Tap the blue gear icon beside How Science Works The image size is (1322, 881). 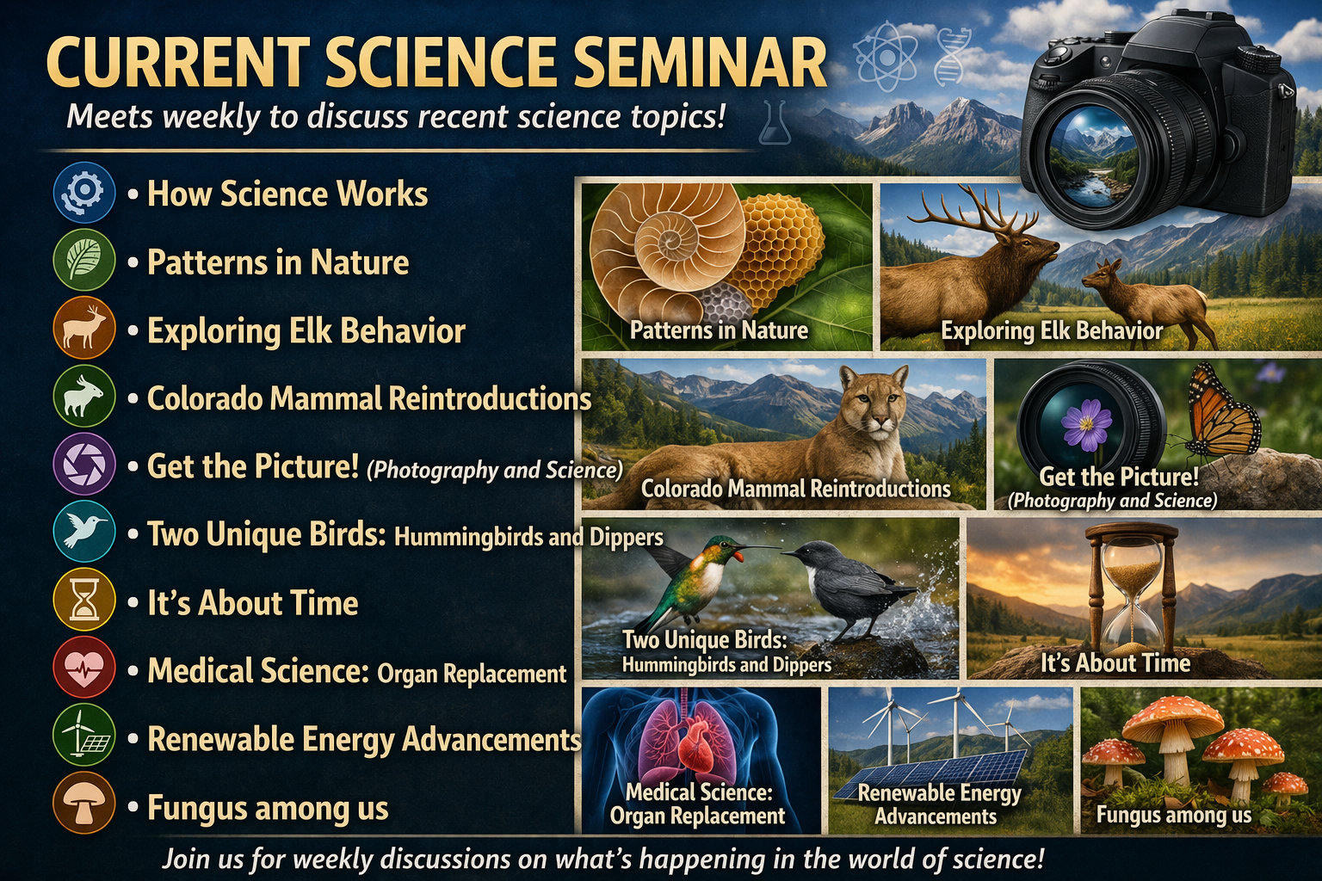83,192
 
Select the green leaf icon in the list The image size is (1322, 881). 83,260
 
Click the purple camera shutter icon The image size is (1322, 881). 83,465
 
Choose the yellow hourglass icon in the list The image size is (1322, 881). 83,600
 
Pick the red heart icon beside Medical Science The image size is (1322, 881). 83,668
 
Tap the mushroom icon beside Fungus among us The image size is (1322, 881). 83,804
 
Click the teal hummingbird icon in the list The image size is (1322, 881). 83,532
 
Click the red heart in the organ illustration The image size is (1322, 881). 700,744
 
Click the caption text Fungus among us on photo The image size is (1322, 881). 1173,815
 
